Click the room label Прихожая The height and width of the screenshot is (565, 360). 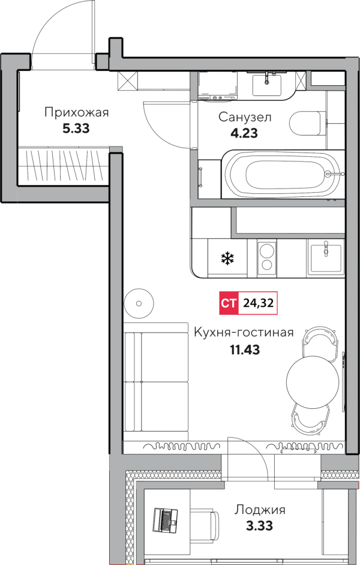(76, 113)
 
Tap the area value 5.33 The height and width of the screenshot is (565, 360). (76, 128)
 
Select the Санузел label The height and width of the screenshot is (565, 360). (245, 117)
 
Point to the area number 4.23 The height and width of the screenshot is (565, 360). (244, 133)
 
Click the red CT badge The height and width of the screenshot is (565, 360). (229, 303)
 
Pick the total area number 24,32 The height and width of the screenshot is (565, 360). (258, 303)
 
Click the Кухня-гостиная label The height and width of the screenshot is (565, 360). (244, 332)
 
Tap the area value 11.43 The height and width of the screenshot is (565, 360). (245, 349)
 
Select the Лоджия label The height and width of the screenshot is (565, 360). (260, 510)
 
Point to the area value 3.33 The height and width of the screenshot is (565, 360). (259, 526)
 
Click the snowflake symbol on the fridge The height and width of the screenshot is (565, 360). (227, 258)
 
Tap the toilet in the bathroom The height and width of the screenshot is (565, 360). (306, 123)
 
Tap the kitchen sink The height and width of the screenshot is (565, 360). (326, 257)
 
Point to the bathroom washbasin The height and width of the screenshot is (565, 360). (267, 84)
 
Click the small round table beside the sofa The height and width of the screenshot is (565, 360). (139, 303)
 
